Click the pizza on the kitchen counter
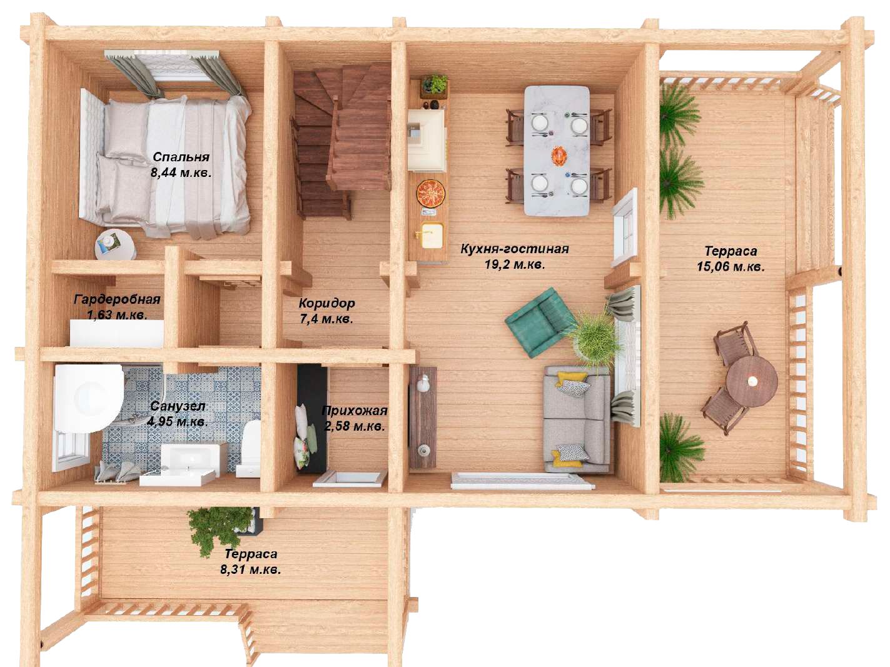[x=430, y=193]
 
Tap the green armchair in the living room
[x=540, y=322]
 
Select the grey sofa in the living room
[x=577, y=419]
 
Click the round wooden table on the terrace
[x=752, y=381]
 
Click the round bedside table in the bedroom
[x=115, y=245]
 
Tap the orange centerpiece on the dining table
[x=560, y=156]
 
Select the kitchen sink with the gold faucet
[x=432, y=235]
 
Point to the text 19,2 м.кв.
[x=515, y=264]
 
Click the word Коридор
[x=327, y=303]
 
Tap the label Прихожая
[x=355, y=411]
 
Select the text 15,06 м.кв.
[x=731, y=267]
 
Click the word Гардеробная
[x=117, y=299]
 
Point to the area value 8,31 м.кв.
[x=250, y=569]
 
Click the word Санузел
[x=178, y=406]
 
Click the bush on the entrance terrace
[x=221, y=528]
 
